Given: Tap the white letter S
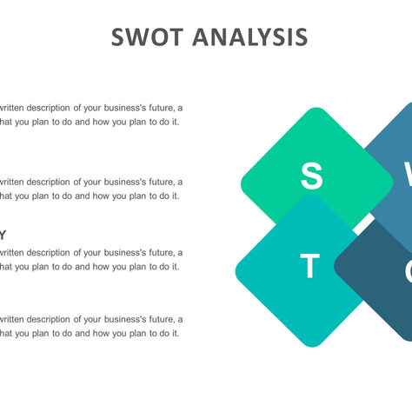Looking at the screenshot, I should (311, 176).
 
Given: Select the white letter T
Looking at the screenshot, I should (310, 267).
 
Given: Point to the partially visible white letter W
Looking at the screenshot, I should (407, 176).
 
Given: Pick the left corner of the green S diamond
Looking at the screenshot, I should (242, 183).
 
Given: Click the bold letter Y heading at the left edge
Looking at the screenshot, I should (3, 235).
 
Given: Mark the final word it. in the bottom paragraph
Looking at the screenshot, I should (175, 332).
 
